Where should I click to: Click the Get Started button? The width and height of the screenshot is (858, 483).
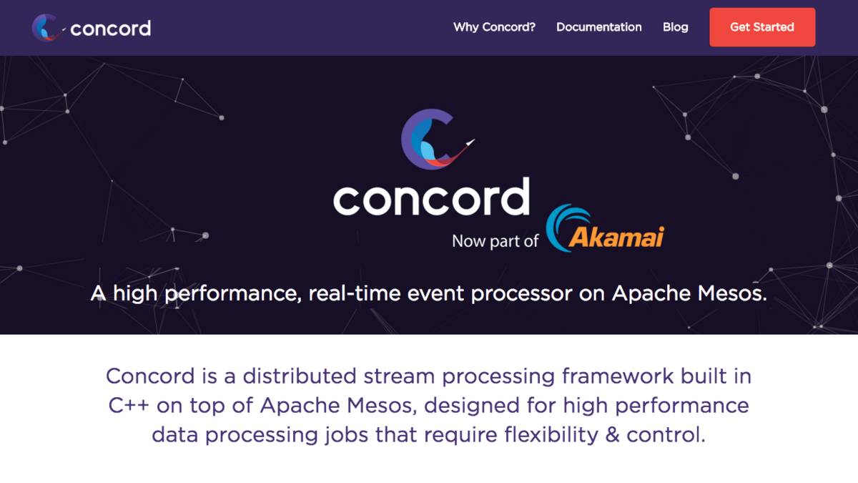point(761,27)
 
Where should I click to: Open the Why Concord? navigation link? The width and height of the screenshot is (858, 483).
point(494,27)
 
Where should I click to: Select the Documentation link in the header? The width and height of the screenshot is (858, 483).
point(598,27)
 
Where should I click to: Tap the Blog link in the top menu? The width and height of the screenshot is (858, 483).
point(675,27)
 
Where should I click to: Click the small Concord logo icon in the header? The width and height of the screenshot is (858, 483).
point(46,28)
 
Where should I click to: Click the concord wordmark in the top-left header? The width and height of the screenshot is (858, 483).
point(110,29)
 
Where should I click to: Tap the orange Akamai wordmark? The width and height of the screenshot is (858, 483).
point(616,237)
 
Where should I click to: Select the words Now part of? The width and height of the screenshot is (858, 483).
point(495,241)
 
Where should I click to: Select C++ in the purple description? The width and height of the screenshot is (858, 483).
point(129,406)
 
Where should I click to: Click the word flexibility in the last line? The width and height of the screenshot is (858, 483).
point(543,435)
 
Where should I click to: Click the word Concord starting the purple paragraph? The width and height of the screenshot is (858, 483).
point(150,376)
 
